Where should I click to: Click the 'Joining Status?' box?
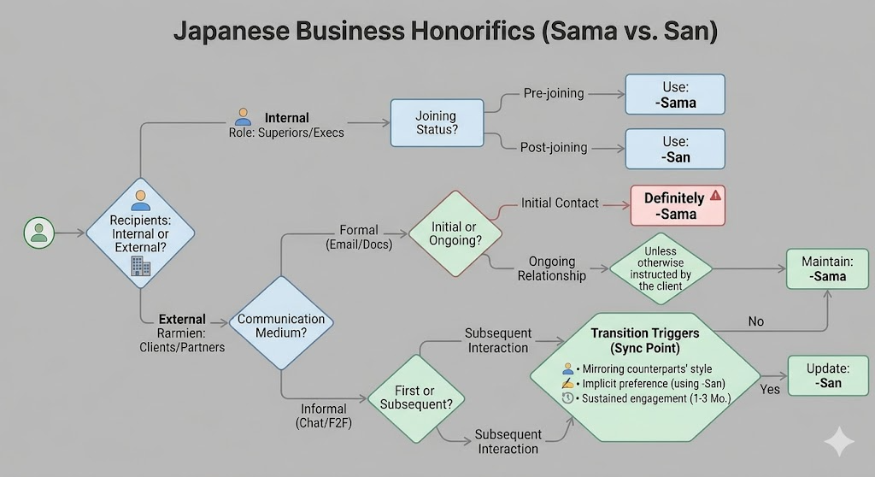[x=436, y=122]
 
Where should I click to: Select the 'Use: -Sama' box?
[x=675, y=95]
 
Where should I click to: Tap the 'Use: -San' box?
[x=675, y=150]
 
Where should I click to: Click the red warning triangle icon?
[x=715, y=196]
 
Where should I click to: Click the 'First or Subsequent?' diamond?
[x=415, y=397]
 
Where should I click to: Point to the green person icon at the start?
[x=38, y=233]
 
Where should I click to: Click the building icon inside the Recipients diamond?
[x=141, y=267]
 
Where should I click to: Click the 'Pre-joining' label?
[x=555, y=93]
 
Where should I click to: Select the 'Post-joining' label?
[x=554, y=147]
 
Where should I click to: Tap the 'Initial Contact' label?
[x=561, y=203]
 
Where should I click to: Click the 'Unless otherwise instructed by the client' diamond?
[x=661, y=269]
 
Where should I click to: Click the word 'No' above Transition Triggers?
[x=755, y=321]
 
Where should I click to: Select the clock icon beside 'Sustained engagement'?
[x=568, y=398]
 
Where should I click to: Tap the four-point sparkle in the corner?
[x=838, y=441]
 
